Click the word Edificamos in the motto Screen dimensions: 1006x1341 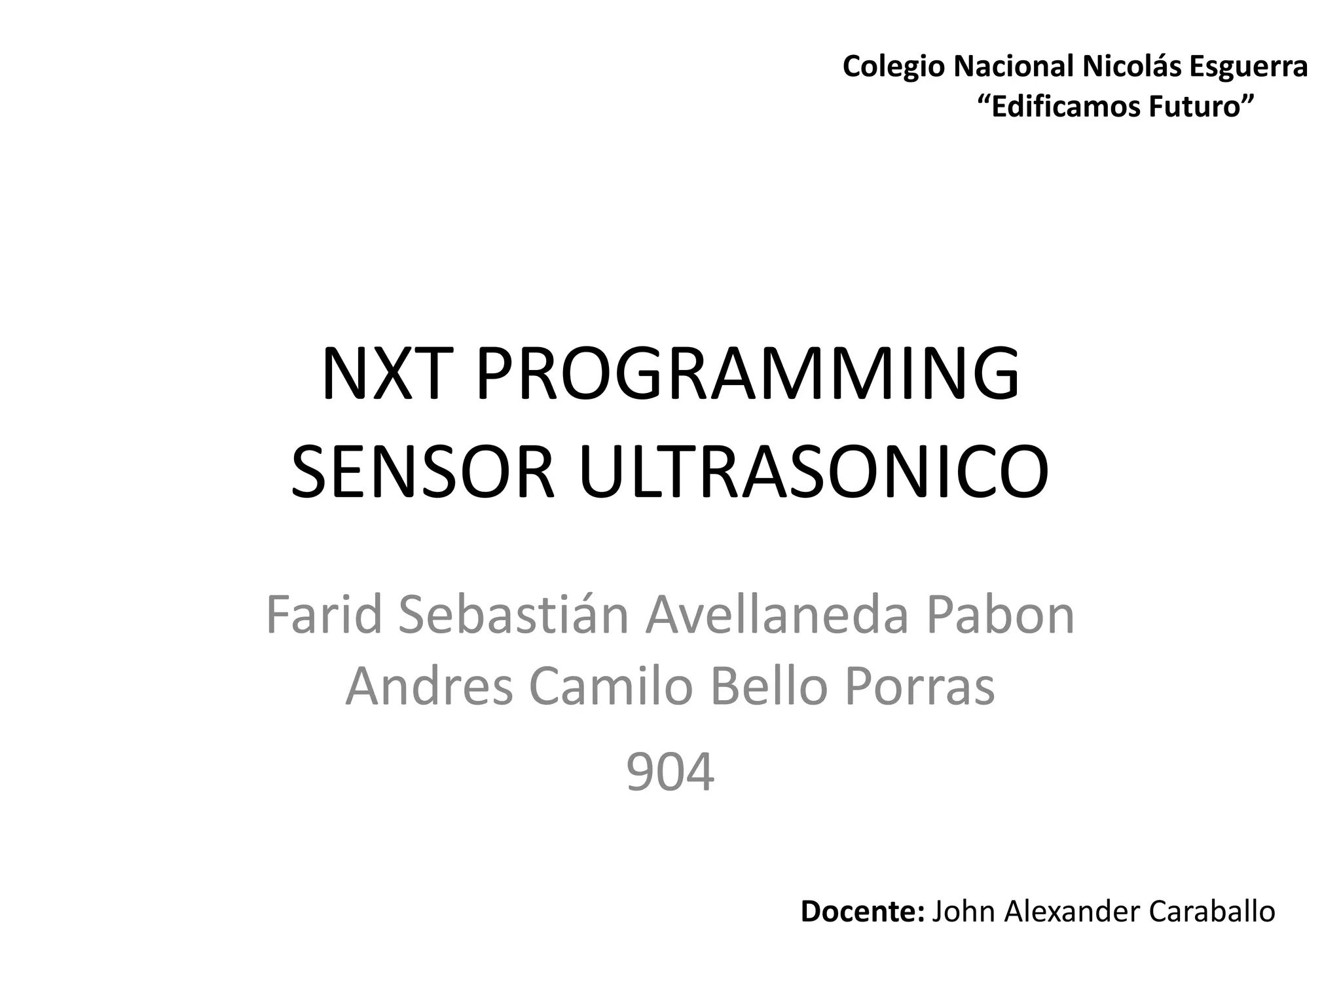point(1063,107)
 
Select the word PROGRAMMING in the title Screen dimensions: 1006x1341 point(747,374)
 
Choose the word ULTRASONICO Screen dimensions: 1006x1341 point(813,472)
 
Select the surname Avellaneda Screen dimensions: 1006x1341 point(777,615)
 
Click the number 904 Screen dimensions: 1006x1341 point(670,773)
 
